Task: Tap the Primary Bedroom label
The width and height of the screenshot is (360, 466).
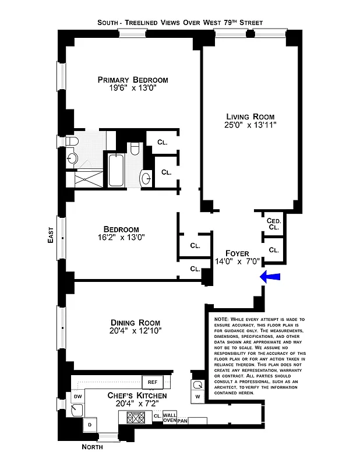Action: (133, 80)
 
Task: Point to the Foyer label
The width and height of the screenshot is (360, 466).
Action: (231, 253)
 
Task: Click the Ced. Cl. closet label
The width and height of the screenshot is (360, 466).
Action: (274, 224)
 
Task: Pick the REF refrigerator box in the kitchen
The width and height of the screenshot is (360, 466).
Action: (153, 383)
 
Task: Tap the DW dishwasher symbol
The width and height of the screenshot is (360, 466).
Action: (77, 397)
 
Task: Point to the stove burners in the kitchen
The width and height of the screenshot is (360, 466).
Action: (135, 417)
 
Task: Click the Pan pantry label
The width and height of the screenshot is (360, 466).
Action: (182, 421)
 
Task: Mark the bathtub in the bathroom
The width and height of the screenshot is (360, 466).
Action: (115, 170)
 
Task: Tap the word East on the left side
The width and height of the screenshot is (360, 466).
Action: (51, 236)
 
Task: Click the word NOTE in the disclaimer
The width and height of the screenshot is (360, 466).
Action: (222, 320)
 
